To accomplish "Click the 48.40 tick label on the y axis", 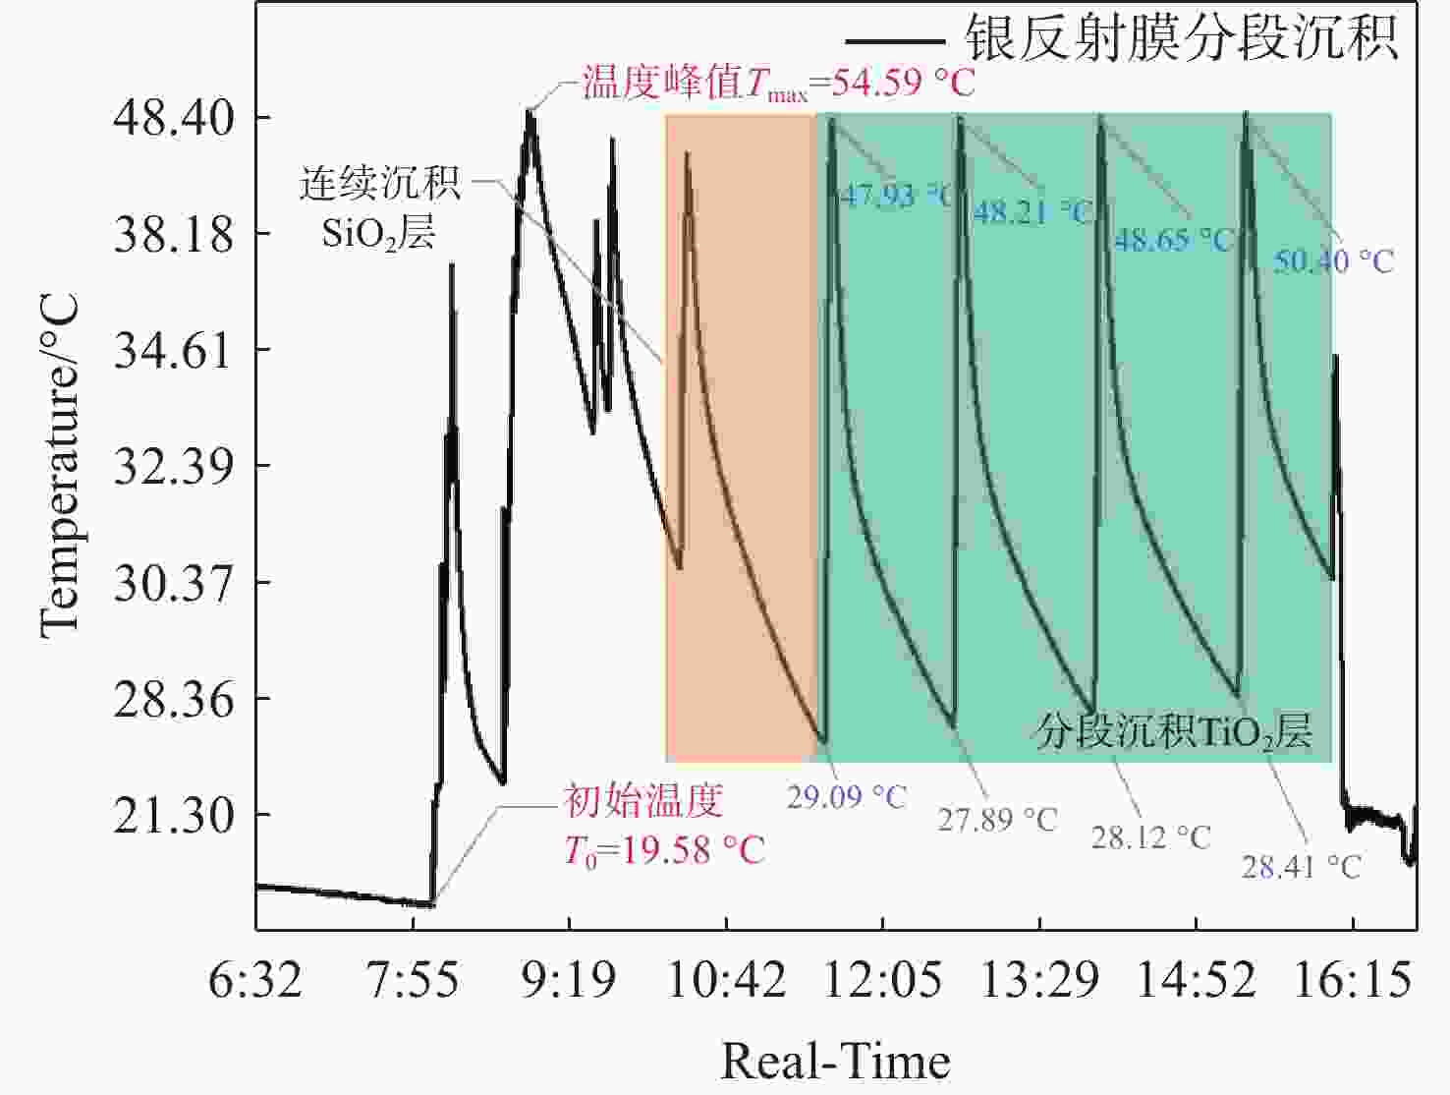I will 174,119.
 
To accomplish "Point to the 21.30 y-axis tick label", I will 174,816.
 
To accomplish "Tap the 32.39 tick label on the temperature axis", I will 174,467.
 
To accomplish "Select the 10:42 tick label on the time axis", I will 726,980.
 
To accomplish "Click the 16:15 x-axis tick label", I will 1353,980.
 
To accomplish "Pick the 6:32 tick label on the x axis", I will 255,980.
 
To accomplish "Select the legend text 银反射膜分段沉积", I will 1182,39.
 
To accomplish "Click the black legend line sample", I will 894,41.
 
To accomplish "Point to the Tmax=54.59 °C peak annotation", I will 779,83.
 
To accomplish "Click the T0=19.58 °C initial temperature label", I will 664,849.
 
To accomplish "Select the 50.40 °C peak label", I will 1333,260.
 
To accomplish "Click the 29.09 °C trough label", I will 846,796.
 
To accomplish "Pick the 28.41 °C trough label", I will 1301,866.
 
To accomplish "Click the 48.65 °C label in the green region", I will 1173,239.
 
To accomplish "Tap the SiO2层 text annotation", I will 378,233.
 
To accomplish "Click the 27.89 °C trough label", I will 996,818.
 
